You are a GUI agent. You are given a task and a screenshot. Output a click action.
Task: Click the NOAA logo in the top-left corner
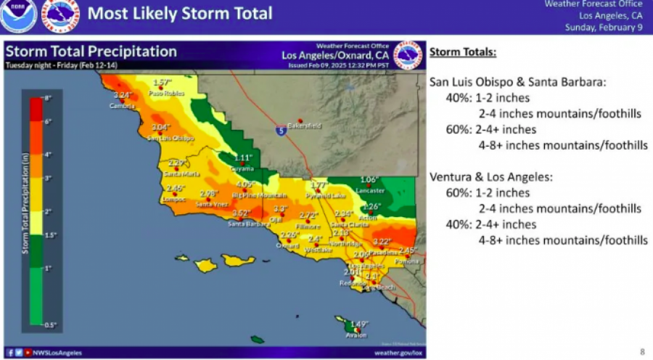coord(18,15)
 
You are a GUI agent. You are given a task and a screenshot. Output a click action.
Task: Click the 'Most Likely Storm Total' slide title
coord(180,14)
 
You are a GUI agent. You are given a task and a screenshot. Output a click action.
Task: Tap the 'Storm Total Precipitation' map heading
coord(91,52)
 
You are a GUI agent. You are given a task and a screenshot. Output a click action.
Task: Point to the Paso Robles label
coord(163,94)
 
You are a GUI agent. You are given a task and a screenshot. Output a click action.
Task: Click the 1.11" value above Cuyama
coord(242,157)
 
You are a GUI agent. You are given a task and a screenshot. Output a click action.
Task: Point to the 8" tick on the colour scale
coord(47,97)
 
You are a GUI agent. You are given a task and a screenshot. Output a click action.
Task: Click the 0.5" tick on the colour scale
coord(48,324)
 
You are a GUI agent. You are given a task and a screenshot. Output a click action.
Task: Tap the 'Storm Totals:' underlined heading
coord(463,53)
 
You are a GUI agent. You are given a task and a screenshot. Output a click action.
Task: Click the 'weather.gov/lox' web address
coord(398,352)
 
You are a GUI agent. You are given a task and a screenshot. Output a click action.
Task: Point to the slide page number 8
coord(641,350)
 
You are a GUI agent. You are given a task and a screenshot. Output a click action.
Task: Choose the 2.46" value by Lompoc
coord(176,189)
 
